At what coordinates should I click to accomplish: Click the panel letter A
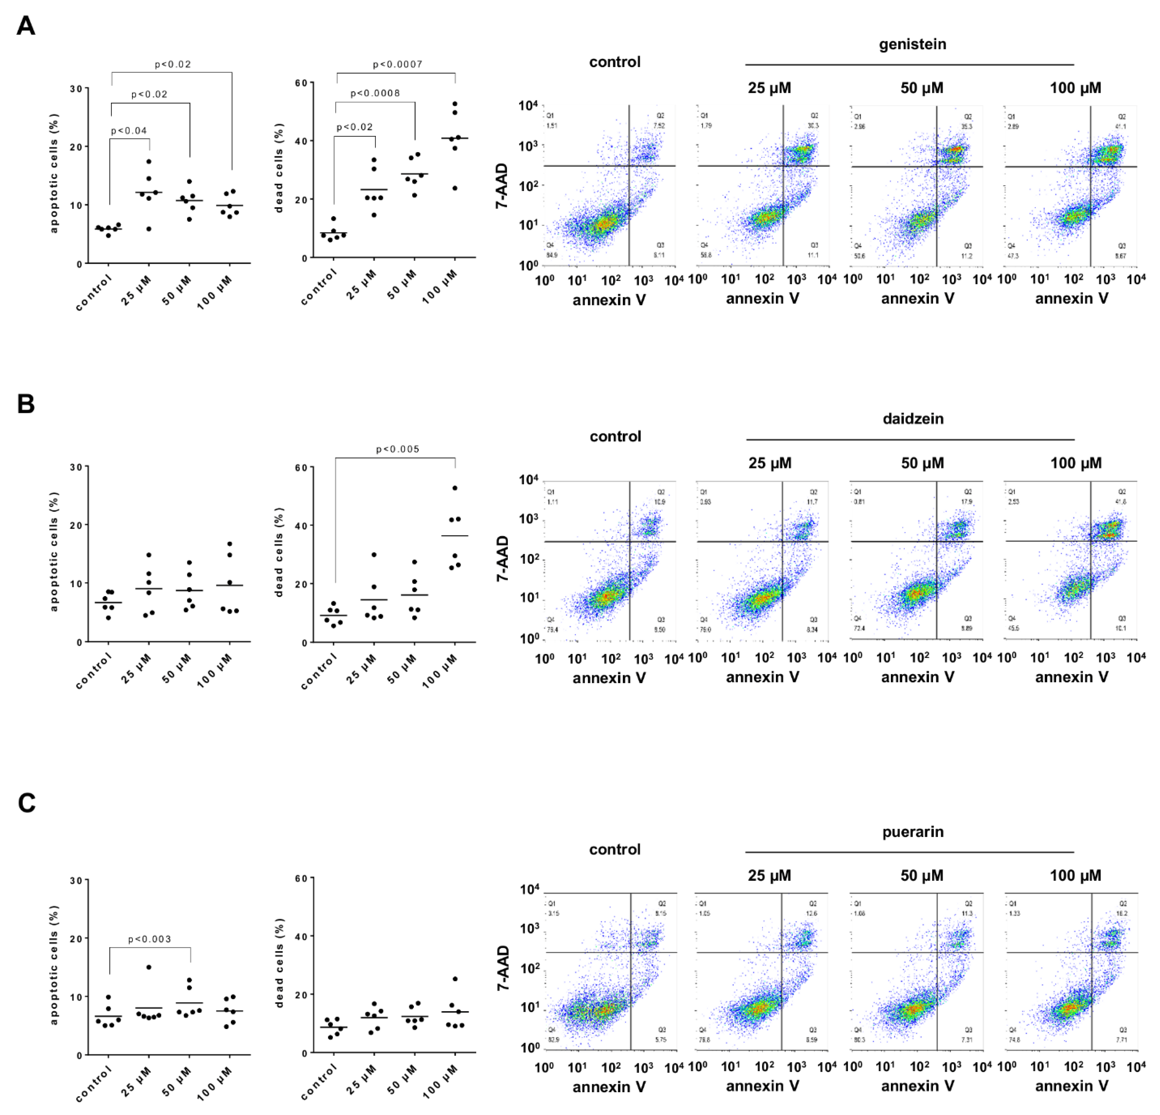(x=26, y=26)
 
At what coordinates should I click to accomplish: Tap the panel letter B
(x=26, y=404)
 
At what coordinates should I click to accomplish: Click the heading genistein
(x=912, y=45)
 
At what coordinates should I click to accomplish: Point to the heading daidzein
(x=913, y=419)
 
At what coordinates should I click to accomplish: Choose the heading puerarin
(x=913, y=832)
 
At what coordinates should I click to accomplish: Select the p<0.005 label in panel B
(x=397, y=449)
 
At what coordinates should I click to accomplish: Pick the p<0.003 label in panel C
(x=149, y=939)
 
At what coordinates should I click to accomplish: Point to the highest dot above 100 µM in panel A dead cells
(x=455, y=104)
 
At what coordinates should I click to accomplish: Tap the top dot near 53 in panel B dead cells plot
(x=455, y=488)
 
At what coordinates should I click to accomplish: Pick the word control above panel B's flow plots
(x=615, y=437)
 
